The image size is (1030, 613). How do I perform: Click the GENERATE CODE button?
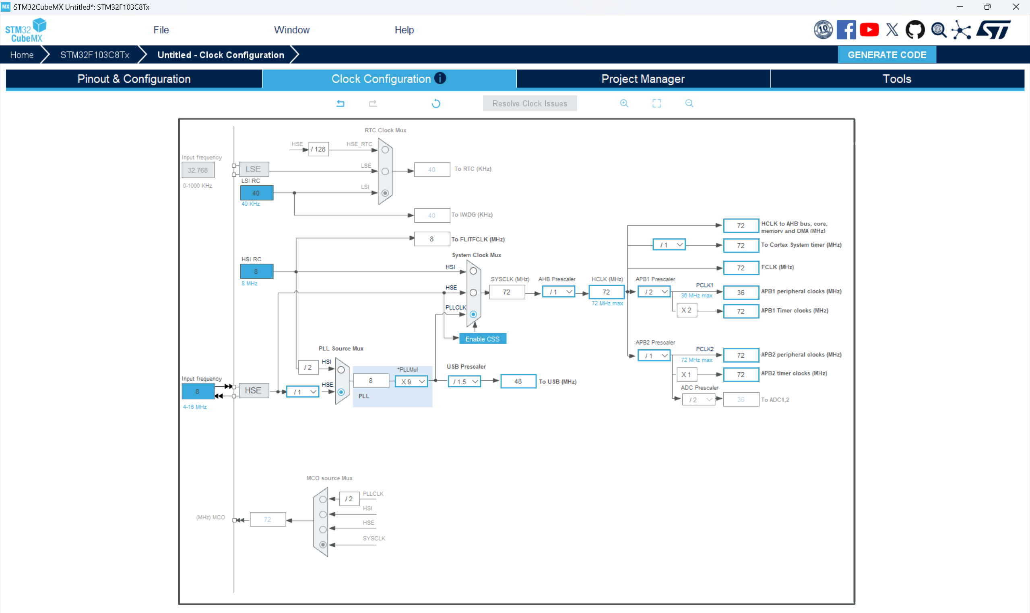(x=887, y=55)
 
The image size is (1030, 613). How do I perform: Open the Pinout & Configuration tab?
(x=134, y=79)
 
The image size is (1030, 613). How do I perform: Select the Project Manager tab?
(x=642, y=79)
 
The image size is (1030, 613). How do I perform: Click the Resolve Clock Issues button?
(x=530, y=104)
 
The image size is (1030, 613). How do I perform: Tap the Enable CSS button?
(x=482, y=339)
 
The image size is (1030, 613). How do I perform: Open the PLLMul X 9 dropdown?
(x=411, y=382)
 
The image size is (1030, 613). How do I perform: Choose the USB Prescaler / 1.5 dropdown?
(x=464, y=382)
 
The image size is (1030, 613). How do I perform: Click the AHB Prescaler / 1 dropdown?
(x=558, y=292)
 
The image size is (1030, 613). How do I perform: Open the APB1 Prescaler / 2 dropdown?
(x=654, y=292)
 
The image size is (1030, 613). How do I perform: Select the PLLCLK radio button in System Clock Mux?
(x=473, y=314)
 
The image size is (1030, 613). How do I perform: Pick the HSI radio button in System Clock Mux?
(x=473, y=271)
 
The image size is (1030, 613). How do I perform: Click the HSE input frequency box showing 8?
(x=198, y=391)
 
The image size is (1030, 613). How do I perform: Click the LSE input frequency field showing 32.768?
(x=198, y=170)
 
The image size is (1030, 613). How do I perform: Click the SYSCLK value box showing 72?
(x=506, y=292)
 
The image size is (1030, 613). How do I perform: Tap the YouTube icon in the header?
(x=869, y=30)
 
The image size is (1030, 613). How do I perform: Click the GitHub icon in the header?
(x=914, y=30)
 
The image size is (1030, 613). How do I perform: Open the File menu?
(x=161, y=30)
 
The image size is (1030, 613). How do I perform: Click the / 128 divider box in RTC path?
(x=318, y=149)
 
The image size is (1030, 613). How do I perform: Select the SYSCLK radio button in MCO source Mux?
(x=323, y=545)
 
